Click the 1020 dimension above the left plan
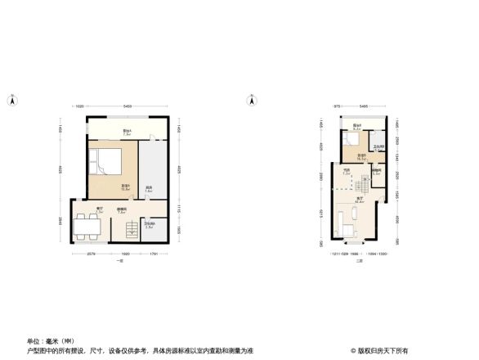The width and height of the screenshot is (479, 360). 81,107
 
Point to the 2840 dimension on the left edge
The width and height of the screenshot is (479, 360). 60,219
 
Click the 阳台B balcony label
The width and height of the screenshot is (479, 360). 357,127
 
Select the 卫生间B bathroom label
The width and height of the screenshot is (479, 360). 378,148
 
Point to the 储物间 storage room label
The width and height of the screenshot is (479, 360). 376,172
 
